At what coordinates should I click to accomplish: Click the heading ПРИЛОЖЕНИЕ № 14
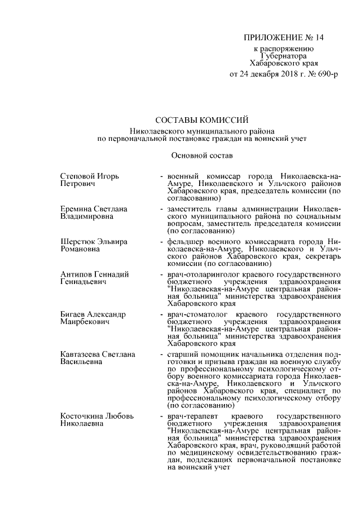point(284,38)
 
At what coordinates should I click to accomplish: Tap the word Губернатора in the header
point(284,56)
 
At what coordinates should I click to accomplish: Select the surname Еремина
point(77,209)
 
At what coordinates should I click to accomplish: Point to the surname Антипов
point(76,274)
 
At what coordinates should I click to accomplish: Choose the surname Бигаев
point(74,313)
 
